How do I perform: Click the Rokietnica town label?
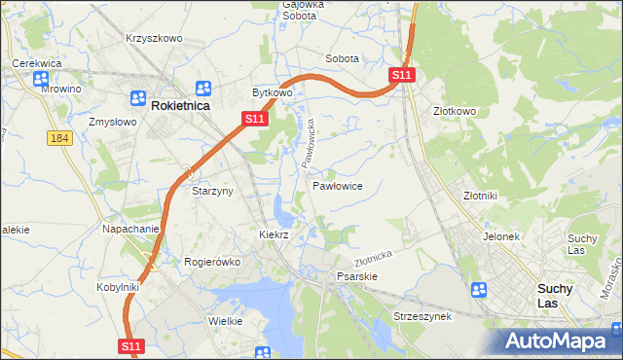coord(180,105)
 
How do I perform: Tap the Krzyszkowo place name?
coord(154,38)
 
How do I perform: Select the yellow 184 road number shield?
coord(59,139)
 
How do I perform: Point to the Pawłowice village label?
coord(338,185)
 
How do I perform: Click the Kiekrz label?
coord(274,234)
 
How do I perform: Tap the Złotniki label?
coord(481,195)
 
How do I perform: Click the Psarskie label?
coord(356,276)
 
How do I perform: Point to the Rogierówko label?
coord(212,262)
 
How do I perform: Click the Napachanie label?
coord(130,229)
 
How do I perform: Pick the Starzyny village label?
coord(212,191)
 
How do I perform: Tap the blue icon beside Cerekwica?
coord(41,80)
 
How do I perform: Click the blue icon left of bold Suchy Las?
coord(478,290)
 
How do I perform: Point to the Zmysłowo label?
coord(111,123)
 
